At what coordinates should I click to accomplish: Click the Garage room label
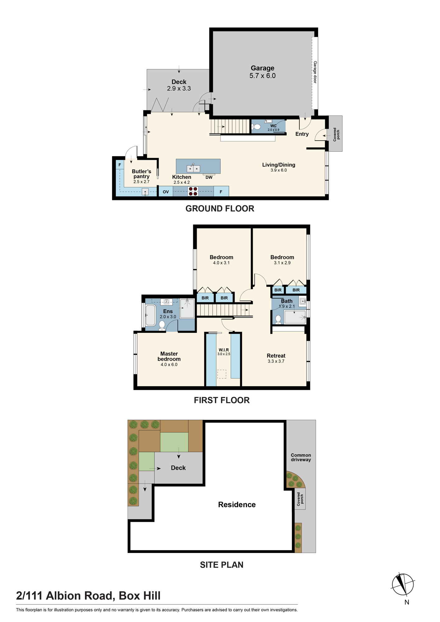click(263, 68)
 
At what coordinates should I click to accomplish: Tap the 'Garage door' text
click(315, 72)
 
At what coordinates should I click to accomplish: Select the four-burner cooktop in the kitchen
click(193, 191)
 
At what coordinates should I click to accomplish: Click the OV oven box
click(166, 191)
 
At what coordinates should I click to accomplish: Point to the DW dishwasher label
click(209, 177)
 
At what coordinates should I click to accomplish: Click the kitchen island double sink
click(193, 168)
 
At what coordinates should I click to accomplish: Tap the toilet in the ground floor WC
click(256, 127)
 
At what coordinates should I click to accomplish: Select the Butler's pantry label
click(142, 174)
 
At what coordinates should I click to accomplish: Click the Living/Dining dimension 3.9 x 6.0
click(279, 170)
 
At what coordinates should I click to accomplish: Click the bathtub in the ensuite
click(151, 315)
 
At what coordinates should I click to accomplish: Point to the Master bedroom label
click(169, 356)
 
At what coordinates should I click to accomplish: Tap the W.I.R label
click(224, 350)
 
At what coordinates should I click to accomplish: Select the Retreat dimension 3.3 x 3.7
click(276, 361)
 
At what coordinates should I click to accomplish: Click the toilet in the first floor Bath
click(279, 320)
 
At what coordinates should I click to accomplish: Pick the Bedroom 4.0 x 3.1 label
click(221, 257)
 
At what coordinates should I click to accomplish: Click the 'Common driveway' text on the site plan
click(301, 457)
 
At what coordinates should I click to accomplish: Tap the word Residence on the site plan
click(237, 504)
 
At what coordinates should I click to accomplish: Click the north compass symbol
click(403, 584)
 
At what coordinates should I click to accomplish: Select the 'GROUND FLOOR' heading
click(220, 208)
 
